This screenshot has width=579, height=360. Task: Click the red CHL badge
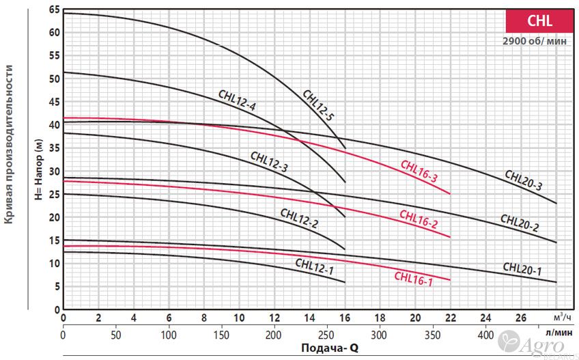539,21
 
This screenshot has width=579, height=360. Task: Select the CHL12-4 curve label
237,100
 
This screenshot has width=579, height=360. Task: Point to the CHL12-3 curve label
269,162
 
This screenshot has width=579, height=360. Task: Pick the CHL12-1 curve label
314,266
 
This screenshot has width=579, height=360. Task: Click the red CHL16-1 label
413,277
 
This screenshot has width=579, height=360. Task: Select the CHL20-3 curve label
524,180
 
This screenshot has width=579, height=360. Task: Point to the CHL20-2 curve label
519,223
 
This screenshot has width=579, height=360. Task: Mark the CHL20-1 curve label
522,268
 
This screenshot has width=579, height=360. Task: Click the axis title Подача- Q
330,348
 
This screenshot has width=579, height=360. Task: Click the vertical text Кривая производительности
10,143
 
